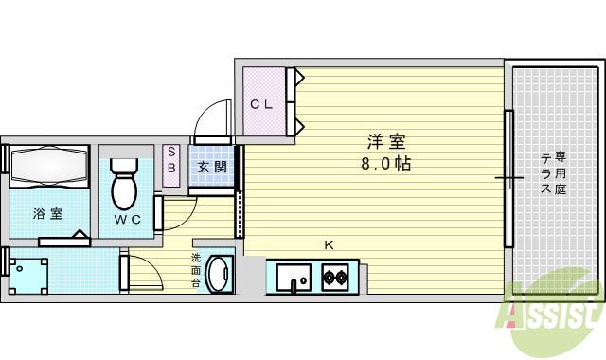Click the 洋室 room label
click(386, 143)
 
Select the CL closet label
click(261, 104)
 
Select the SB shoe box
click(171, 161)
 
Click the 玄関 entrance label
click(211, 168)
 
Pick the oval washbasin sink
click(220, 275)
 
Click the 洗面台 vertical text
click(196, 270)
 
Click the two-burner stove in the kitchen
click(335, 279)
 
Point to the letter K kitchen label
click(329, 246)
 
